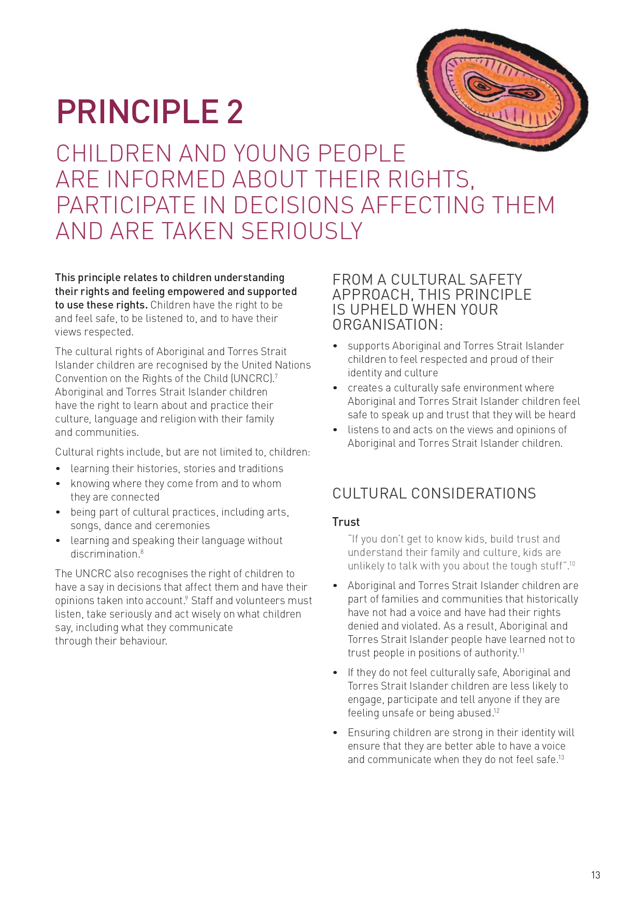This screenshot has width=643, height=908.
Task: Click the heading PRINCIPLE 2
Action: [x=150, y=112]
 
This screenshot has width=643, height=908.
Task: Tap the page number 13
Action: [x=595, y=875]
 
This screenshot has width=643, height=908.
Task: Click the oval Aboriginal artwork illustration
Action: [x=502, y=89]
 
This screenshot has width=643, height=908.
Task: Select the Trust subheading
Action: [x=346, y=522]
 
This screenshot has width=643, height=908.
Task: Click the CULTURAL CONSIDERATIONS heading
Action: [x=434, y=493]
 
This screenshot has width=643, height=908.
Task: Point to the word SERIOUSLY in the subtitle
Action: [x=302, y=231]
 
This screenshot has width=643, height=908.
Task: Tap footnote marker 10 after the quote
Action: [x=572, y=564]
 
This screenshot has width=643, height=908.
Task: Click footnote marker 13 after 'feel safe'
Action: [x=561, y=757]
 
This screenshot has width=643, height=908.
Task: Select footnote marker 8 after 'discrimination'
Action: [x=142, y=552]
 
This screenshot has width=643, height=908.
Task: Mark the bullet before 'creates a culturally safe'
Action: [x=335, y=388]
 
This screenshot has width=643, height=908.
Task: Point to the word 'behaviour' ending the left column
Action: [x=144, y=641]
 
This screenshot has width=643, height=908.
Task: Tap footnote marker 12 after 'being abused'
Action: [x=496, y=711]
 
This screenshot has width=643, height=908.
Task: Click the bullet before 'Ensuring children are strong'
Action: [x=335, y=733]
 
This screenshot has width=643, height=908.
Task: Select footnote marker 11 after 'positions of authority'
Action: [x=522, y=651]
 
